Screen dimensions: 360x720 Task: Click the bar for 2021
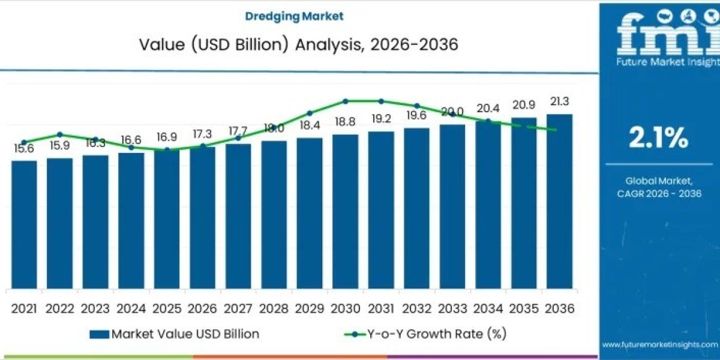[24, 224]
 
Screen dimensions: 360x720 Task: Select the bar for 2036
[559, 201]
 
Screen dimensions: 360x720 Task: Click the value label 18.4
[309, 126]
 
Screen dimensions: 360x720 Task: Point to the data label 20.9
[523, 104]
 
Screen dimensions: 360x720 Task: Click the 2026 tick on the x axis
[202, 308]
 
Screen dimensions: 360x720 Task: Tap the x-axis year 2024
[131, 308]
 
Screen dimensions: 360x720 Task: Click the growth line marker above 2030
[346, 101]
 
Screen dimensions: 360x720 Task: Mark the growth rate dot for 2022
[59, 134]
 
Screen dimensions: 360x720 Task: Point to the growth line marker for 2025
[167, 149]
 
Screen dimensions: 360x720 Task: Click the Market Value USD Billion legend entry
[175, 334]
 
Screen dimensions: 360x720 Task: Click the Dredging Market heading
[294, 16]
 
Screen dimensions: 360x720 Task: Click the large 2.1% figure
[658, 138]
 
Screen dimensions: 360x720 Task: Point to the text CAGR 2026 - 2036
[659, 193]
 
